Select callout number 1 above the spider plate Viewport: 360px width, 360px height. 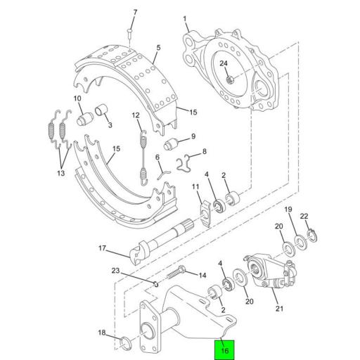pos(185,19)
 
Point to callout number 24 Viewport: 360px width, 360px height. pos(224,64)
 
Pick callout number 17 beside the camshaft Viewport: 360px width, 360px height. pos(101,247)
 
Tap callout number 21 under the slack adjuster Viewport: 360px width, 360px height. pos(278,307)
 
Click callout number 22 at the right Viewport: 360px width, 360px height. pos(304,216)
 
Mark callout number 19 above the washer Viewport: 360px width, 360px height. pos(288,210)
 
